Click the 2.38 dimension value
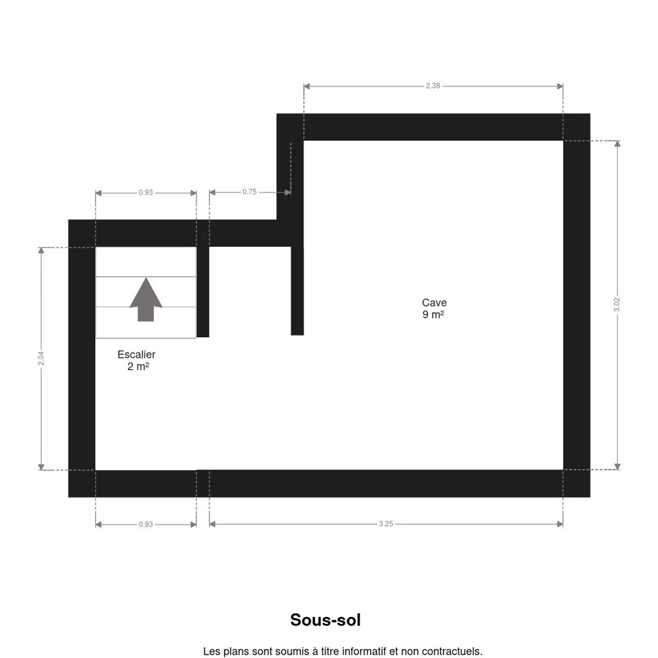(x=433, y=86)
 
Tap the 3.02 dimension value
(x=617, y=304)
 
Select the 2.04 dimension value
(x=41, y=358)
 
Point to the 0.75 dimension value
(x=249, y=192)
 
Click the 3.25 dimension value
(x=386, y=524)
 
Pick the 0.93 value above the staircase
(x=146, y=192)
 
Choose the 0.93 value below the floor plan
(x=146, y=524)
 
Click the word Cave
(x=434, y=303)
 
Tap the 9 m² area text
(x=433, y=315)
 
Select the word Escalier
(x=137, y=354)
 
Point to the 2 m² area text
(x=138, y=366)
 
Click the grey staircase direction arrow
(x=146, y=300)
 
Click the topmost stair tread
(x=146, y=262)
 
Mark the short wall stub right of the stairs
(x=203, y=292)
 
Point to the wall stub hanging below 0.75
(x=297, y=291)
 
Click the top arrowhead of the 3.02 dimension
(x=617, y=144)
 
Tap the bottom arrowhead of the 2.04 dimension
(x=41, y=467)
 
